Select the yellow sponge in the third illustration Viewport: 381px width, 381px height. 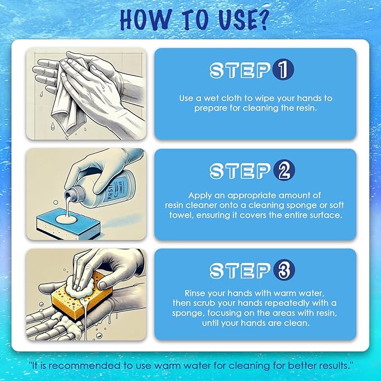point(73,295)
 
